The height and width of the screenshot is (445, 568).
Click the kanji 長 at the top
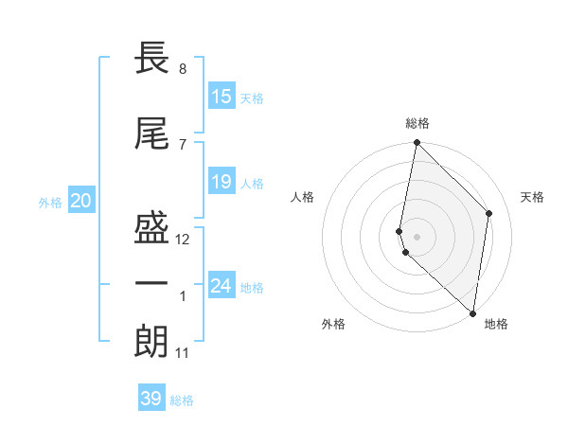click(x=152, y=59)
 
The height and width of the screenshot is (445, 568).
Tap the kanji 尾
click(x=152, y=133)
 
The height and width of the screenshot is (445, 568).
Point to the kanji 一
click(x=152, y=285)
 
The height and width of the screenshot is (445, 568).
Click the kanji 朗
click(x=152, y=342)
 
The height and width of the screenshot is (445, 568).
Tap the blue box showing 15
click(x=222, y=97)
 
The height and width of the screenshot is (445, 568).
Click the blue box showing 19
click(x=222, y=182)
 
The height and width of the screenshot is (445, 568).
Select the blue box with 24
click(x=222, y=286)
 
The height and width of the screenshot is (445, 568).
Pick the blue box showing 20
click(x=81, y=201)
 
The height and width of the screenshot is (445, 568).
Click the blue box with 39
click(x=151, y=399)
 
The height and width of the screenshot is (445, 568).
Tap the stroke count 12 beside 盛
click(x=183, y=240)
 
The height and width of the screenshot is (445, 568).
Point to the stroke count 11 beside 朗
click(x=183, y=353)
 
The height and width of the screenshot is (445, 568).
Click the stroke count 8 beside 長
click(x=182, y=69)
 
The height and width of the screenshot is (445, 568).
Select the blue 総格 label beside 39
click(x=183, y=400)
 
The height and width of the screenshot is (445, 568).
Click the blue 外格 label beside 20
click(x=50, y=202)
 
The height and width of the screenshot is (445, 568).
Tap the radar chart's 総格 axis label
click(x=417, y=123)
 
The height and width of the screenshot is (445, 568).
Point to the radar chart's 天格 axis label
click(x=532, y=197)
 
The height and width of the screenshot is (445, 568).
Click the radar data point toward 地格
click(x=473, y=313)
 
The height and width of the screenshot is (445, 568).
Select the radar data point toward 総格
click(x=417, y=143)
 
